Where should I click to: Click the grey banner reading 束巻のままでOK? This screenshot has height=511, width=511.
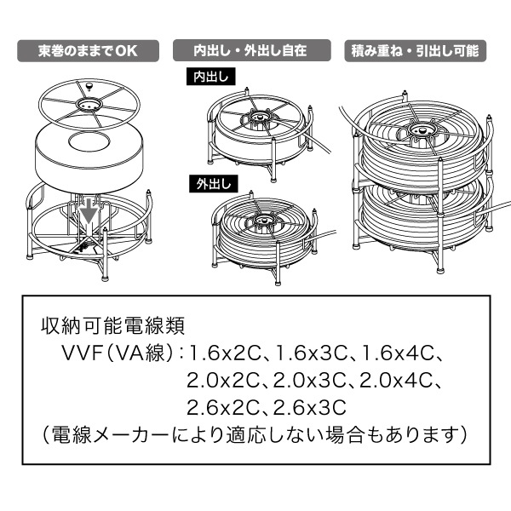[x=88, y=51]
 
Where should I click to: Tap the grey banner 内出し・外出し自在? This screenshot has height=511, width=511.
[x=251, y=50]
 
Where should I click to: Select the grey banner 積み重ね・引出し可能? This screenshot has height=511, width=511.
[x=416, y=51]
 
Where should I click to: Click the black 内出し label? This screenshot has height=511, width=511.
[x=211, y=77]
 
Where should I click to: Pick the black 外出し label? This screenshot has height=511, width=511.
[x=214, y=184]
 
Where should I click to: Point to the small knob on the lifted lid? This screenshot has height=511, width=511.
[x=89, y=86]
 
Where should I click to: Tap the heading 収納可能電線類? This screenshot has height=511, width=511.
[x=112, y=325]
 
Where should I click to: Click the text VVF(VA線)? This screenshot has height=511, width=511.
[x=117, y=353]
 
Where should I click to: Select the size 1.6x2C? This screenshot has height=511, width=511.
[x=225, y=353]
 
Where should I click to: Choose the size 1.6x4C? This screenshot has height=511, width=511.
[x=398, y=353]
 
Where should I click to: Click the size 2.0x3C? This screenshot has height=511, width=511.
[x=309, y=381]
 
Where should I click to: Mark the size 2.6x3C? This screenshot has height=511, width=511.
[x=309, y=407]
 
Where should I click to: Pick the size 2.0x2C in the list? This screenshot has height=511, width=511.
[x=223, y=381]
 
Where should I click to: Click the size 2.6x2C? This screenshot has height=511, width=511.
[x=223, y=407]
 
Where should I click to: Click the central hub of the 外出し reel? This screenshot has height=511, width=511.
[x=265, y=221]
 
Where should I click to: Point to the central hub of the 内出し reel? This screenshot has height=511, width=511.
[x=260, y=117]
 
